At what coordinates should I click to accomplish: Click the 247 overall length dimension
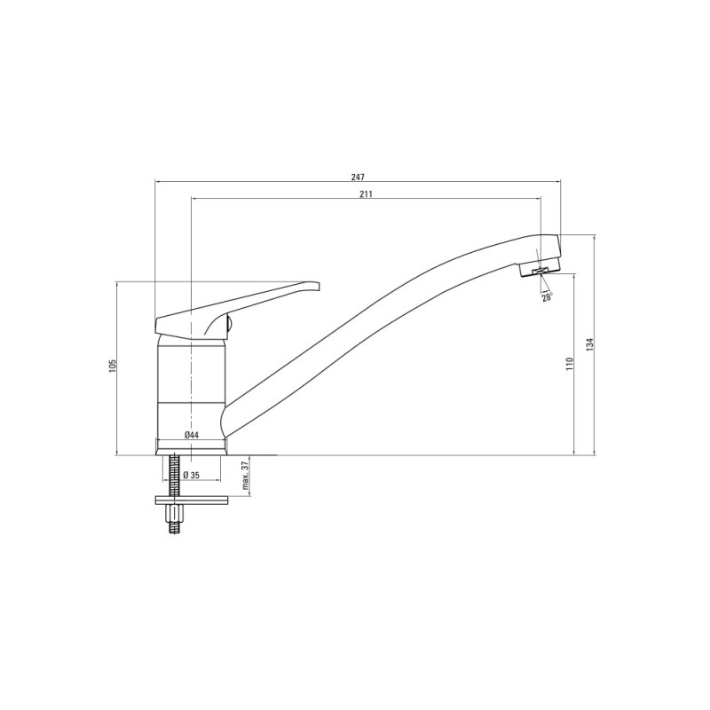coord(358,177)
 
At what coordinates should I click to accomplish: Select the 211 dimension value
coord(366,193)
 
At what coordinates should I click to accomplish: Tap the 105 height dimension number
coord(113,366)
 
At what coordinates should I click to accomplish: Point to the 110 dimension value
coord(569,364)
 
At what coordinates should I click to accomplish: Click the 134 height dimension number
coord(589,344)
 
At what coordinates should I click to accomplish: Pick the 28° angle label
coord(548,297)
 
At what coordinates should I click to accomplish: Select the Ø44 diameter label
coord(192,435)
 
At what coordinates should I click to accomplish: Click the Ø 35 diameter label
coord(192,475)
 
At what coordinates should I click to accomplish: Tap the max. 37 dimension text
coord(246,476)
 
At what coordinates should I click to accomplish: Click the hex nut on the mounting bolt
coord(175,514)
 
